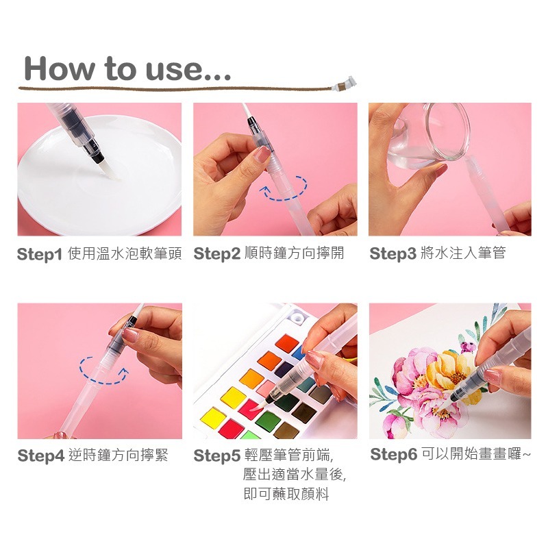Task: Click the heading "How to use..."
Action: (127, 68)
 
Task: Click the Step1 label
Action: (40, 254)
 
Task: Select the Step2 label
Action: (216, 254)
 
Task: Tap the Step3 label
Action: (393, 254)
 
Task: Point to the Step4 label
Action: (40, 456)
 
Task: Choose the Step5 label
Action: (216, 456)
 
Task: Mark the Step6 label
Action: (393, 455)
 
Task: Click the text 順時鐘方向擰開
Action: (294, 253)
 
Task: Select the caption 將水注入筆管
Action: (463, 253)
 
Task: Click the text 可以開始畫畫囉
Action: (473, 454)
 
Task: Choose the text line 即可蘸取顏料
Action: (286, 494)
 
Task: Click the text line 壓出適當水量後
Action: (295, 474)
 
